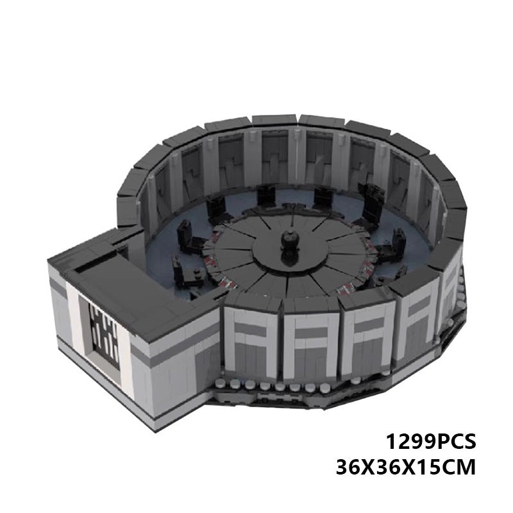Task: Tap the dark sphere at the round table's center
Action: click(x=289, y=242)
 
